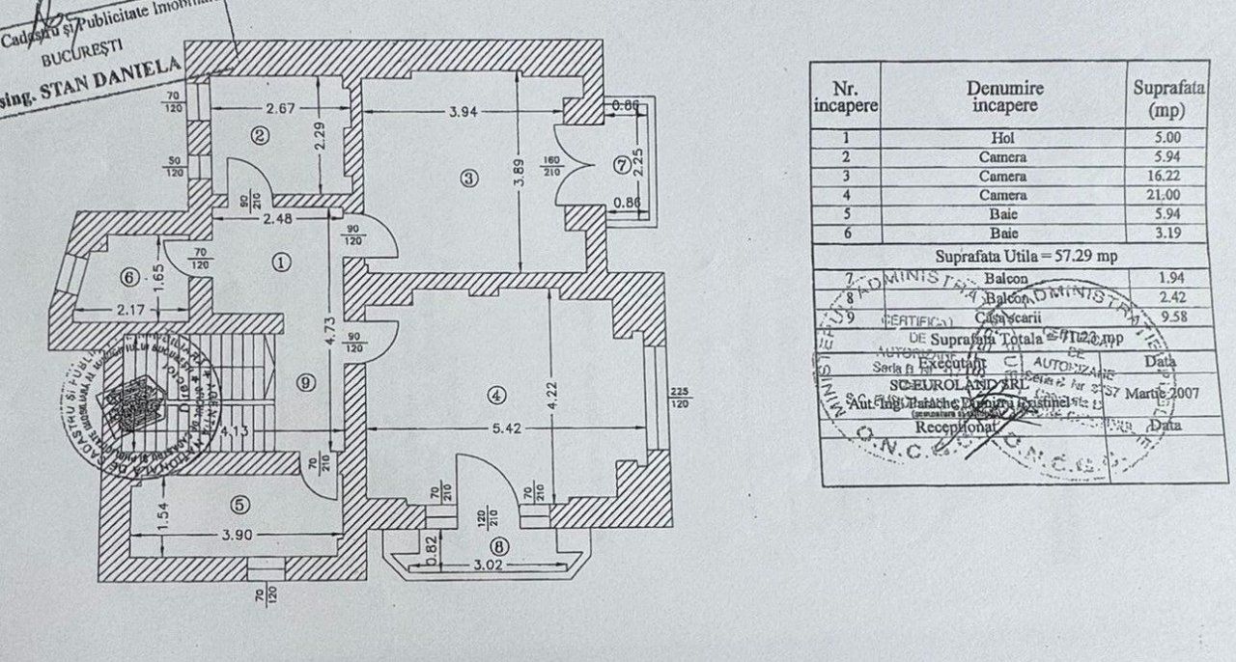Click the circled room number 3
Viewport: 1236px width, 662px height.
click(469, 178)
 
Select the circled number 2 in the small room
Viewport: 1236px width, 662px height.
click(260, 136)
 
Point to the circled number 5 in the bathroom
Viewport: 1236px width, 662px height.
click(239, 504)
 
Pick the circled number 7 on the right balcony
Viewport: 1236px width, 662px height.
click(621, 163)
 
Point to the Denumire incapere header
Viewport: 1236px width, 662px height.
click(1005, 97)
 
